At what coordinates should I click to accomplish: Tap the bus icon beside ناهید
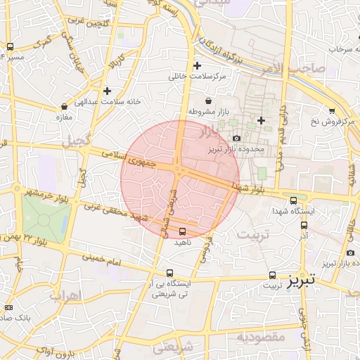click(183, 231)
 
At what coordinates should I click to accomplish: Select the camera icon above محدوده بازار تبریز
click(236, 138)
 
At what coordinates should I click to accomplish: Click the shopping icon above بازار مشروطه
click(208, 101)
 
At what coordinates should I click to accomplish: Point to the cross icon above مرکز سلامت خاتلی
click(198, 65)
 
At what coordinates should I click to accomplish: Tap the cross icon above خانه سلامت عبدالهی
click(107, 91)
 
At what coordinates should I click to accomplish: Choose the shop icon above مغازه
click(64, 107)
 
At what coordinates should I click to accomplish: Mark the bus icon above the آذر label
click(304, 226)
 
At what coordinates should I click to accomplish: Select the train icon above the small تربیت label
click(272, 275)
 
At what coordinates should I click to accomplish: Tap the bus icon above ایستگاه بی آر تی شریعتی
click(169, 273)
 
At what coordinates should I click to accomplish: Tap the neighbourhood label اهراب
click(67, 295)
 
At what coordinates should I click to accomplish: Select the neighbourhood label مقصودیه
click(261, 337)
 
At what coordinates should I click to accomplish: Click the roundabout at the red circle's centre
click(180, 172)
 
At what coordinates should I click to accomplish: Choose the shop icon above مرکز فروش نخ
click(331, 110)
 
